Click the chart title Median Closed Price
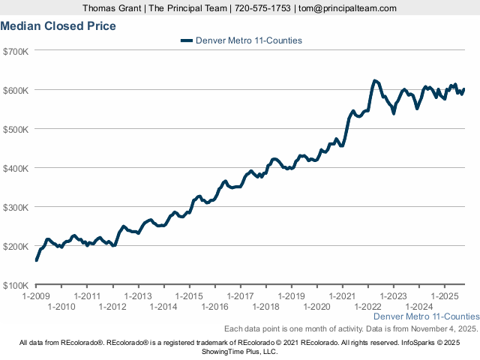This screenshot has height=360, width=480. click(x=58, y=25)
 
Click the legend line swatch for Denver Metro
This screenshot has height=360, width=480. click(x=187, y=40)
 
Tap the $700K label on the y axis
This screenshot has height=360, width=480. click(x=16, y=51)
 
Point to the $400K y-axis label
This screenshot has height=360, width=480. click(x=16, y=168)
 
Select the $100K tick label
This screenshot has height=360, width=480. click(x=16, y=285)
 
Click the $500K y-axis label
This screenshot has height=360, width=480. click(x=16, y=129)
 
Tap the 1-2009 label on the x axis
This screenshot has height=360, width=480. click(x=36, y=296)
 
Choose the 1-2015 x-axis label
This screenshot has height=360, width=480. click(x=189, y=296)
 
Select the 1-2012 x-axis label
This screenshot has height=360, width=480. click(x=112, y=307)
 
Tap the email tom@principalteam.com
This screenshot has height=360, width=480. click(x=347, y=8)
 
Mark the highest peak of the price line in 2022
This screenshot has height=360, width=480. click(x=375, y=80)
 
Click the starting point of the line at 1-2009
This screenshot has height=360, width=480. click(x=36, y=260)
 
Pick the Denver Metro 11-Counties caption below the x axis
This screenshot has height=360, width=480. click(x=426, y=317)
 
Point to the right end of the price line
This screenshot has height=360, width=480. click(x=464, y=89)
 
